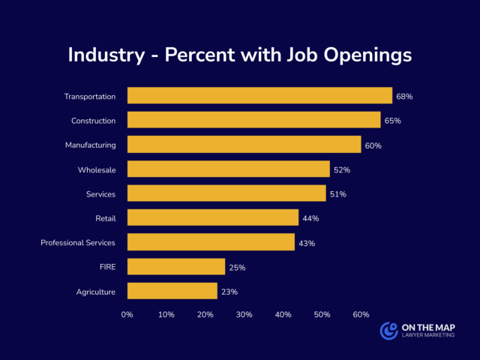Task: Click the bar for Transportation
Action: tap(259, 96)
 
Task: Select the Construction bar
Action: tap(253, 120)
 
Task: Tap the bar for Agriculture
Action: tap(172, 291)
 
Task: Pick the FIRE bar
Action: tap(176, 267)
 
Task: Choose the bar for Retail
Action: tap(213, 217)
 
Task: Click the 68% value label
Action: tap(405, 97)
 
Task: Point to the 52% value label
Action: tap(342, 170)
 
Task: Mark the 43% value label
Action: tap(307, 243)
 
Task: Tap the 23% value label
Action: tap(229, 292)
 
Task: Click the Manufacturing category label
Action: tap(91, 145)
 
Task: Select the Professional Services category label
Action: tap(78, 242)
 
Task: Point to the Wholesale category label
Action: tap(97, 169)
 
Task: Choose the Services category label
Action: tap(100, 194)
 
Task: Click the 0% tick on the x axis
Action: tap(127, 314)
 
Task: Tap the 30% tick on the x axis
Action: tap(244, 314)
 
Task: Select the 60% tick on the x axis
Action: tap(361, 314)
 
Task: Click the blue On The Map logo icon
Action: tap(388, 331)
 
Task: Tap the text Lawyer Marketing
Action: tap(427, 337)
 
